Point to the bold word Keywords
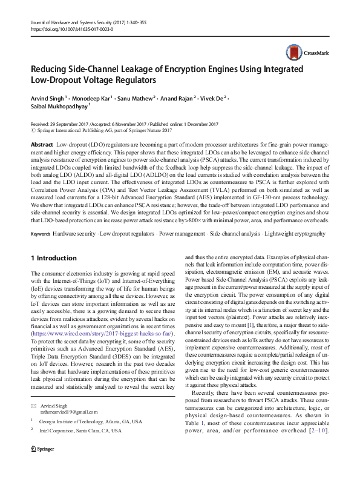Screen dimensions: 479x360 click(41, 233)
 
